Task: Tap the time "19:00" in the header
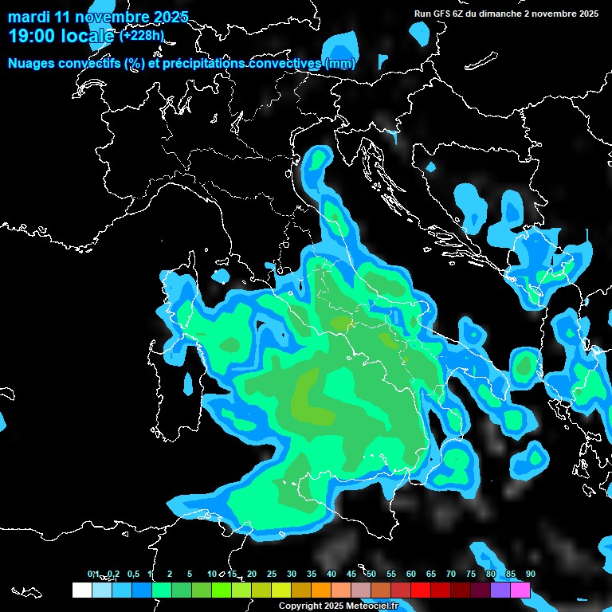pos(31,36)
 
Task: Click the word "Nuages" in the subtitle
pos(31,64)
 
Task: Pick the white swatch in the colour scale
pos(81,590)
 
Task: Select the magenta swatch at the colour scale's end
pos(520,590)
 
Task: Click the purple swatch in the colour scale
pos(500,590)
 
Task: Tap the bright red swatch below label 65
pos(421,590)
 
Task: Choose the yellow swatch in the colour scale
pos(281,590)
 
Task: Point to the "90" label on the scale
pos(530,575)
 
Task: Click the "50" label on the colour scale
pos(371,575)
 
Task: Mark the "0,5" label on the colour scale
pos(132,575)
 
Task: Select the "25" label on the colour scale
pos(272,575)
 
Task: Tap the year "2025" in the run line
pos(588,14)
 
